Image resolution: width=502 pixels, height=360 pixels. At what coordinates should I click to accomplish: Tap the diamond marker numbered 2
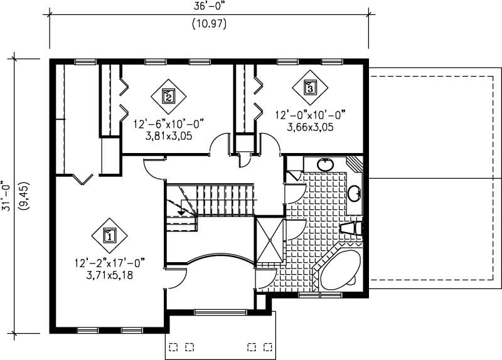[168, 95]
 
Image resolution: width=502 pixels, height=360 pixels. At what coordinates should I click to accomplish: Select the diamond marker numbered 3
[310, 87]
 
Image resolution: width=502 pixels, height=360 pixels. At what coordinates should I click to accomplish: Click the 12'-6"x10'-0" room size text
[168, 124]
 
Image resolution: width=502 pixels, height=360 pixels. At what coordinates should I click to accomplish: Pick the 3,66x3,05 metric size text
[310, 127]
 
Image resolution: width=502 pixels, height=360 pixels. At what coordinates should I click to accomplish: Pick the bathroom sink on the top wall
[325, 165]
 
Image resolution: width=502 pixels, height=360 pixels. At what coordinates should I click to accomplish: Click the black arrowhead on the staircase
[182, 213]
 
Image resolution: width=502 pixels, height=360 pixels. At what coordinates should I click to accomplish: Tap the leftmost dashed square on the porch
[174, 346]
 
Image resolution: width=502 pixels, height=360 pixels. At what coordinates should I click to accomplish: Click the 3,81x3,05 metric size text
[168, 135]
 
